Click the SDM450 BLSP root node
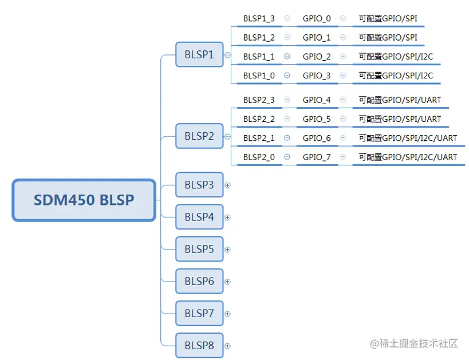click(84, 200)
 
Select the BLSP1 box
click(199, 55)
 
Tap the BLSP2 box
click(199, 136)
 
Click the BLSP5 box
click(199, 249)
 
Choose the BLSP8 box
click(199, 346)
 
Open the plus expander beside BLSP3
click(227, 185)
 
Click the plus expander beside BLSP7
click(227, 314)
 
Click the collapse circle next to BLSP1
click(227, 55)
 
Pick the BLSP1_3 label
click(259, 19)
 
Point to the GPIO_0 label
click(317, 19)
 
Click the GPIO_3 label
click(317, 76)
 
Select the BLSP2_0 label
click(259, 157)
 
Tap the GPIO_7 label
click(317, 157)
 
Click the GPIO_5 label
click(317, 119)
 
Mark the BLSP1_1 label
click(259, 57)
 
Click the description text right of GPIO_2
click(396, 57)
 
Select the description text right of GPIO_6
click(408, 138)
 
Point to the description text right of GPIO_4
click(400, 100)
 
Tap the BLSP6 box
click(199, 281)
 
